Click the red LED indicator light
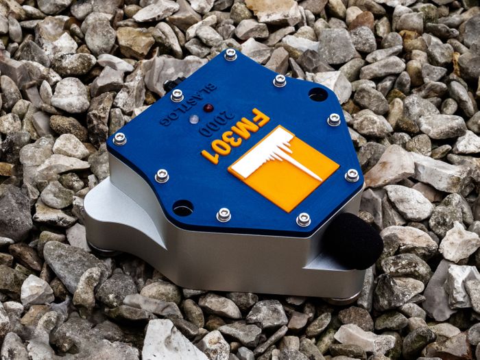pyautogui.click(x=208, y=108)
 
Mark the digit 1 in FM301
pyautogui.click(x=209, y=156)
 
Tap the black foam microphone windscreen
pyautogui.click(x=352, y=240)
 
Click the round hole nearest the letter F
pyautogui.click(x=318, y=94)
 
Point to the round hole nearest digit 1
pyautogui.click(x=182, y=207)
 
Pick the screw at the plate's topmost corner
pyautogui.click(x=230, y=54)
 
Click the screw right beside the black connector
pyautogui.click(x=178, y=95)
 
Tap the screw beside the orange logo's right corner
pyautogui.click(x=352, y=176)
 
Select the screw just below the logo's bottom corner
pyautogui.click(x=303, y=219)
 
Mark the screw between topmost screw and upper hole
pyautogui.click(x=279, y=80)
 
